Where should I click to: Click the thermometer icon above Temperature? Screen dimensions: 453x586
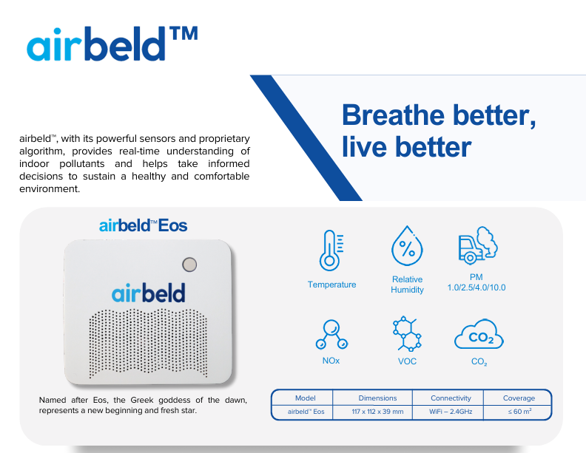coord(331,250)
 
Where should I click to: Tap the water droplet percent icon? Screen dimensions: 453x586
coord(407,247)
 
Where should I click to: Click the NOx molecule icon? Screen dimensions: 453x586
coord(330,335)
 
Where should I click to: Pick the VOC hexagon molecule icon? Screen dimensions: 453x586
coord(407,335)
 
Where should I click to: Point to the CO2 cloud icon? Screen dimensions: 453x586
coord(479,336)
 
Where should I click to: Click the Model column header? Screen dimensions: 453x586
coord(305,398)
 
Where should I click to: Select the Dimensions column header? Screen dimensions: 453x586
coord(377,398)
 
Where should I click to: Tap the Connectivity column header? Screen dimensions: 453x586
coord(451,398)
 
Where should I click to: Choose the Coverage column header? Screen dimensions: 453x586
coord(519,398)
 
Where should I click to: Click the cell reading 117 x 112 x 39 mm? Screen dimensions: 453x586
coord(377,411)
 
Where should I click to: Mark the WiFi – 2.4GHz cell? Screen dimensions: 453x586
coord(451,411)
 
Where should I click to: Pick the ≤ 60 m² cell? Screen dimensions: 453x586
coord(519,411)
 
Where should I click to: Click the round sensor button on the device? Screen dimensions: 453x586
coord(189,265)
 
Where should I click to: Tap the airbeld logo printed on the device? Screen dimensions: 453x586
coord(149,293)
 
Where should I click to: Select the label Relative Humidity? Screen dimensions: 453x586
coord(407,285)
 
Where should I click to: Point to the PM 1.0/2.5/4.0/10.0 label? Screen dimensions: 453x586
coord(476,282)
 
